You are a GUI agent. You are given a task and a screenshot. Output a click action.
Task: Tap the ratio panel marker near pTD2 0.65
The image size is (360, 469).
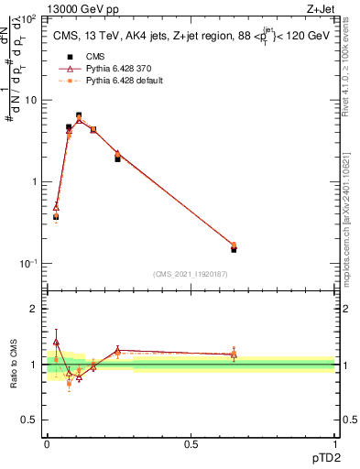[x=234, y=354]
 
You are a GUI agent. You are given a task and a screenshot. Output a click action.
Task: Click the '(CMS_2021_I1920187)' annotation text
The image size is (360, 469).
[x=190, y=273]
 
